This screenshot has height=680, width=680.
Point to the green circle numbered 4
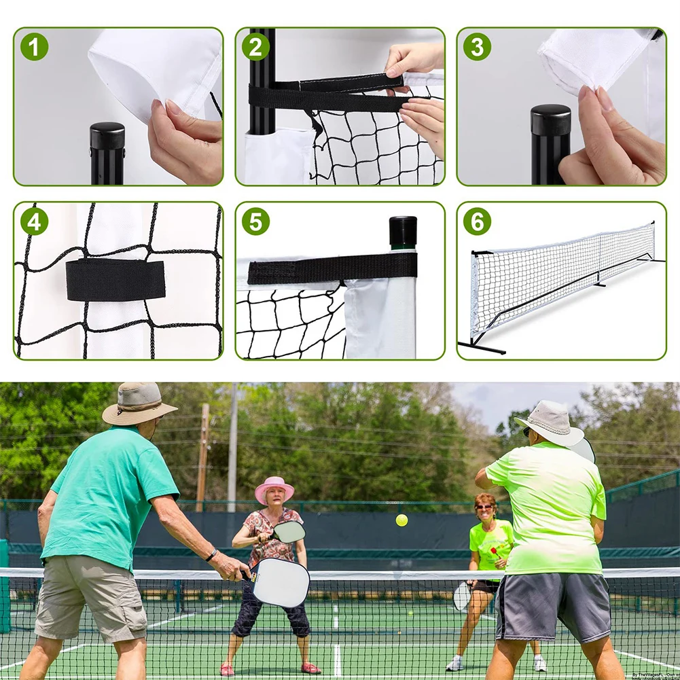(34, 221)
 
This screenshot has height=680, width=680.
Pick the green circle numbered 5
(255, 221)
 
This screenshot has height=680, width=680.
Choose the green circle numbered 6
(477, 221)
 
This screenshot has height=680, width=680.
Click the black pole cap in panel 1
(107, 135)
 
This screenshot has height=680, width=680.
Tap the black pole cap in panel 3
(550, 119)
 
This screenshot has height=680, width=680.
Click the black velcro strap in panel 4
(115, 279)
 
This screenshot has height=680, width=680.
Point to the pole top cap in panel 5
(403, 230)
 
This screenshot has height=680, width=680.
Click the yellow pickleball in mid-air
(401, 520)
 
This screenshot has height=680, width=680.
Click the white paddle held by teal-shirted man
(280, 581)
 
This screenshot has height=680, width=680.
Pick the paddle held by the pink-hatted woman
(289, 531)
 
